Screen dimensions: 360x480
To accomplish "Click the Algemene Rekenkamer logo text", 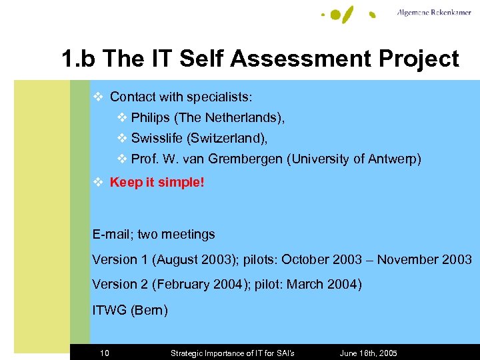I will click(434, 13).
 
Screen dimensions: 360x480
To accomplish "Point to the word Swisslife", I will click(158, 139).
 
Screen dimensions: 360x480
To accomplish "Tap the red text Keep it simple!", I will click(157, 182).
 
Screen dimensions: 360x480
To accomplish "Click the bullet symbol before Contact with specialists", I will click(98, 97).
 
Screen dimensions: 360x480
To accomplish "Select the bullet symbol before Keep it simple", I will click(98, 182).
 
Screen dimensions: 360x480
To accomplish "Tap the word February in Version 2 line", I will click(185, 284).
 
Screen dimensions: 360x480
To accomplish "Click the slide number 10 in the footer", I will click(105, 353).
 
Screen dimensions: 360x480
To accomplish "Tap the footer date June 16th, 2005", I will click(369, 353).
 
